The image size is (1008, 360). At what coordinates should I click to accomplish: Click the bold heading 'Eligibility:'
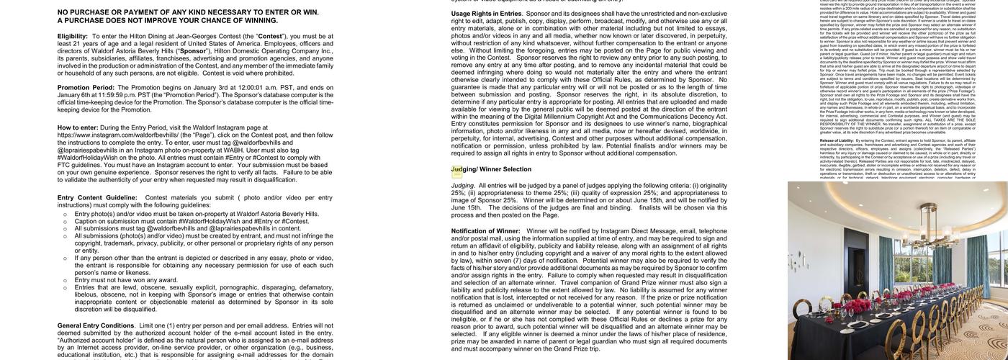point(73,36)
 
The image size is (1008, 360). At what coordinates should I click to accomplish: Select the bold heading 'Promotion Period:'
point(86,88)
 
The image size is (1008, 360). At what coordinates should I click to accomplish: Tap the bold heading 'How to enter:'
point(78,127)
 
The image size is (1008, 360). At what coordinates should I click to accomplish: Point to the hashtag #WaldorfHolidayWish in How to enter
point(91,157)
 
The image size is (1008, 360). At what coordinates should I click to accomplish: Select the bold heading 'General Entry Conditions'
point(95,325)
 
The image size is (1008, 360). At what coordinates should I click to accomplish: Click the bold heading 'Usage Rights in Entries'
point(486,14)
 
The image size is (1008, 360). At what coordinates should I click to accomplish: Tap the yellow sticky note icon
point(456,172)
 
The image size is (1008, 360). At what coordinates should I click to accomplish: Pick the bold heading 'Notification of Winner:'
point(485,231)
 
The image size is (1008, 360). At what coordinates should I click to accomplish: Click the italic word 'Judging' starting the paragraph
point(463,185)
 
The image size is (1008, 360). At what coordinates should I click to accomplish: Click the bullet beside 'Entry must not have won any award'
point(65,280)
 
